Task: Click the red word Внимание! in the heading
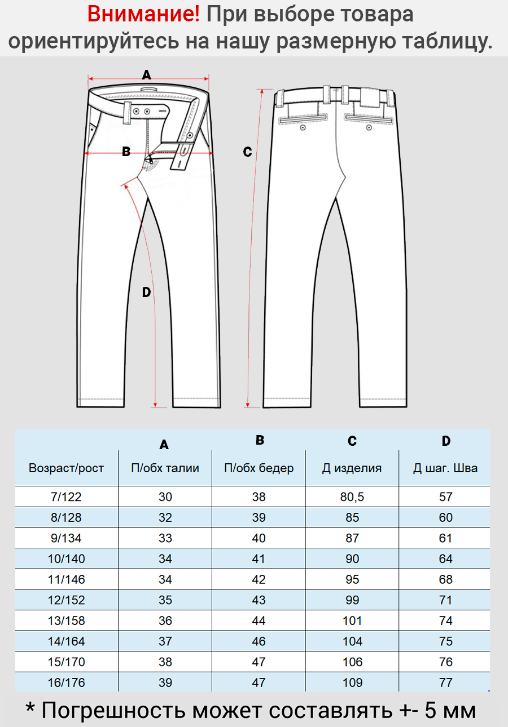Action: (143, 15)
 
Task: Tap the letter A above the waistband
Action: (147, 74)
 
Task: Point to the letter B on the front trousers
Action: (126, 152)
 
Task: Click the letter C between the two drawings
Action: (247, 152)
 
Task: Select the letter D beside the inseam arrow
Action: (146, 292)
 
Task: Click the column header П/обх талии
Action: (165, 468)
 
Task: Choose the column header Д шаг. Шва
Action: (445, 468)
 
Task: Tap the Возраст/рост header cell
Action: (66, 468)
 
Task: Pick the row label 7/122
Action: (66, 497)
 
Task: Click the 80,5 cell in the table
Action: (352, 497)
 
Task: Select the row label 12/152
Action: (66, 600)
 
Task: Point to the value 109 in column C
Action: (352, 682)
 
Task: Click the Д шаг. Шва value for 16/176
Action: (445, 682)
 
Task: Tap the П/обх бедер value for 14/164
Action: (259, 641)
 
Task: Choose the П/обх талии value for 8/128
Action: (165, 517)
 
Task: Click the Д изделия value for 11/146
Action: (352, 579)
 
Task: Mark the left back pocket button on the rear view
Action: (303, 127)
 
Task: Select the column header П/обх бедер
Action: (259, 468)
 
